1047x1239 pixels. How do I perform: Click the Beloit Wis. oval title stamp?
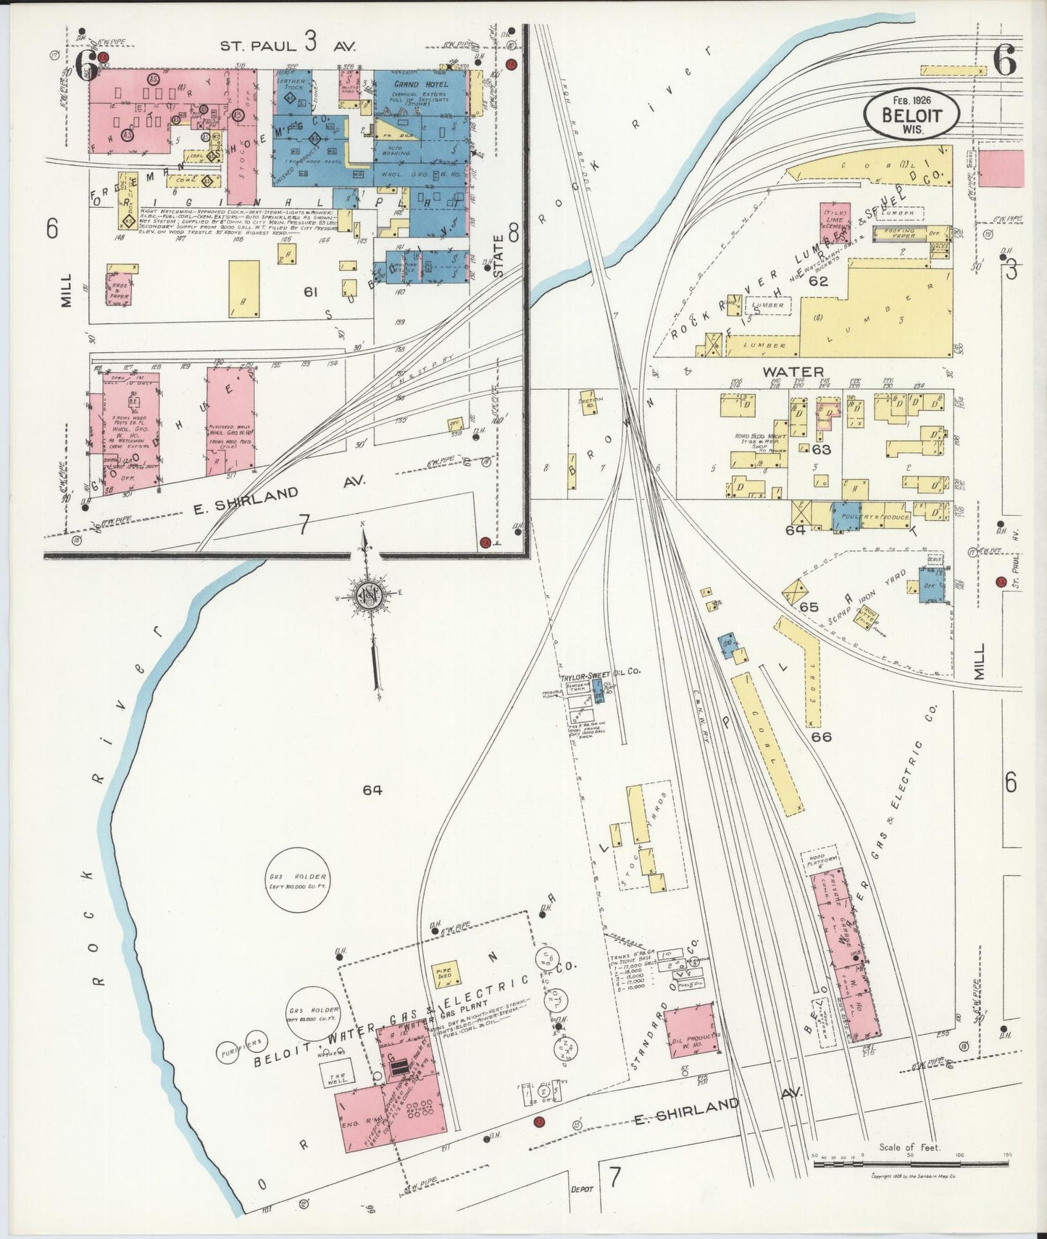point(911,114)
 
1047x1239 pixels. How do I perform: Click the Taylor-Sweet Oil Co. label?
point(601,672)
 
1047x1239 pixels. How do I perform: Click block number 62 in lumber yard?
point(818,281)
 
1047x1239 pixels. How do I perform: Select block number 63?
point(821,450)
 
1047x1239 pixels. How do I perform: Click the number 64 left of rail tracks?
point(372,790)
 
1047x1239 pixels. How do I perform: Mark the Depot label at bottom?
point(582,1189)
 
